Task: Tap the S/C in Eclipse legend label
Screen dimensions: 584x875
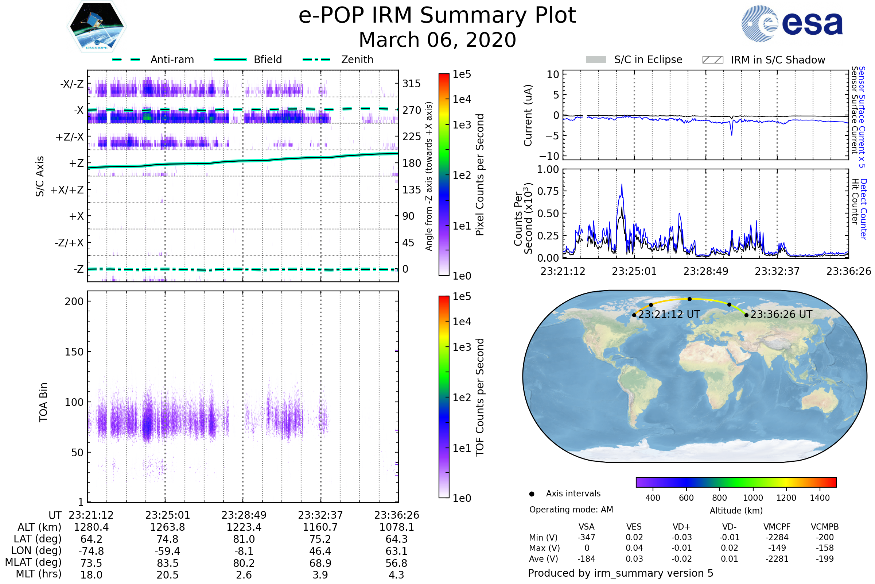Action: point(648,59)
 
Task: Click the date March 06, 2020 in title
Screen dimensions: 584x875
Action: point(437,40)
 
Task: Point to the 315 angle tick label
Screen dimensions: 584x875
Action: point(411,84)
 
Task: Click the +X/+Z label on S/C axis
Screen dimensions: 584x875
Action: point(67,190)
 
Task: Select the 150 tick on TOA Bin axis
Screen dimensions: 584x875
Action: point(74,352)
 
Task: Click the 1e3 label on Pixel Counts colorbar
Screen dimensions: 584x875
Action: point(462,125)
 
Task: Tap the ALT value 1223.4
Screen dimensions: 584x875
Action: point(244,527)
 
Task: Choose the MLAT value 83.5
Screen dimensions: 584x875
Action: point(167,563)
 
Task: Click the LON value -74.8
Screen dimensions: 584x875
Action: point(91,551)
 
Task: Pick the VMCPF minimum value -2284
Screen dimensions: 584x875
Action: point(777,537)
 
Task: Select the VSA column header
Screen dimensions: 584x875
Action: point(586,527)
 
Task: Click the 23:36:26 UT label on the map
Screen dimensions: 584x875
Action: point(781,314)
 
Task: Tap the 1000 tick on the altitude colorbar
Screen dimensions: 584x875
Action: point(752,498)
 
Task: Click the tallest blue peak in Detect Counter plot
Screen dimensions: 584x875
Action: point(622,185)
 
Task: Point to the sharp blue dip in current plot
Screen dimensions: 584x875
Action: point(731,134)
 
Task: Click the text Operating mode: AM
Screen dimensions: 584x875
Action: point(571,510)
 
